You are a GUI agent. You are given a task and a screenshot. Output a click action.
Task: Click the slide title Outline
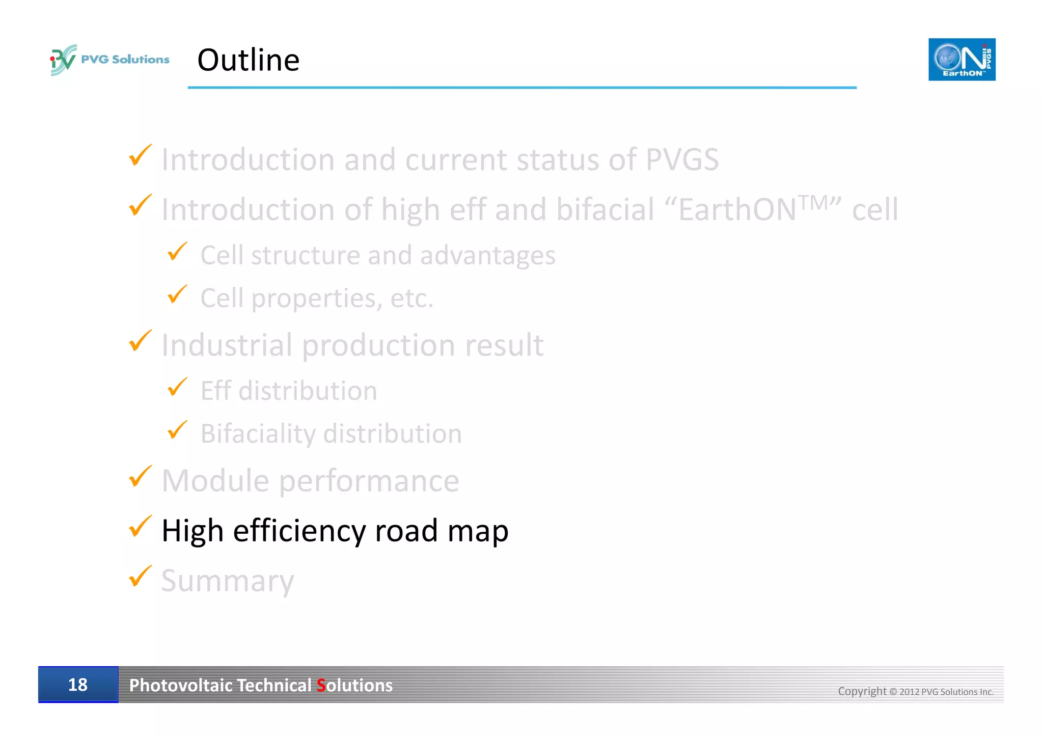248,60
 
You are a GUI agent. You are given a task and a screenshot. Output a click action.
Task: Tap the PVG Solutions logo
109,60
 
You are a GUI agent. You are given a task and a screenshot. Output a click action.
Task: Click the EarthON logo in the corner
962,60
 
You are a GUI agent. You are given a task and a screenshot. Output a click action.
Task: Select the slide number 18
78,685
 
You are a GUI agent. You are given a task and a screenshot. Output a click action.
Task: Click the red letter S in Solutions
321,686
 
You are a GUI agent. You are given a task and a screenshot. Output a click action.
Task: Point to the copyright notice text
916,691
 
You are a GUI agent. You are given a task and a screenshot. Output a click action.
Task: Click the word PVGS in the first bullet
682,159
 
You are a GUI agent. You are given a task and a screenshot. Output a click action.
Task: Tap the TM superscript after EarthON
814,202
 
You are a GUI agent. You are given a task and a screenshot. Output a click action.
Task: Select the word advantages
487,255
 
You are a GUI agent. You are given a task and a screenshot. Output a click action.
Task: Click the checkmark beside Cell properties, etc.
177,294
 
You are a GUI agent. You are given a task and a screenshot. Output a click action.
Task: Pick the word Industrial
227,345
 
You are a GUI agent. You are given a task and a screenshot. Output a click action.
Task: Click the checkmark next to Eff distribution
177,387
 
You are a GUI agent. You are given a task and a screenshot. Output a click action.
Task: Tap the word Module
215,480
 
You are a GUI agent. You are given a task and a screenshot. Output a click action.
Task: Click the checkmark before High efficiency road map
140,526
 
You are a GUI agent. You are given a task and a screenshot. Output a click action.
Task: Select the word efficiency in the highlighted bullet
299,531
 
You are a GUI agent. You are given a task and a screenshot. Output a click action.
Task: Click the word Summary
228,581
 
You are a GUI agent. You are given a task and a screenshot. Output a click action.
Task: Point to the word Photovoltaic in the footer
181,686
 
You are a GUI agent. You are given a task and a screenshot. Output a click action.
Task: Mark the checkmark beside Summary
140,576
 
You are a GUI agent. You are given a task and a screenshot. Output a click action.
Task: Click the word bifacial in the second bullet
605,209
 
